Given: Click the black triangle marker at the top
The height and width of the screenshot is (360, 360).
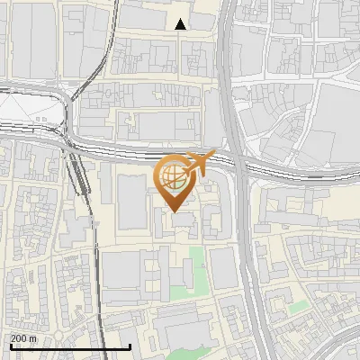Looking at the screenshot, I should pos(181,24).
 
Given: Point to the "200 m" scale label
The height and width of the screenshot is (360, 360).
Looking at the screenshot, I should pos(24,338).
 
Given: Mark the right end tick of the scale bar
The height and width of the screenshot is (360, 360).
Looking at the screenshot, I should pos(130,346).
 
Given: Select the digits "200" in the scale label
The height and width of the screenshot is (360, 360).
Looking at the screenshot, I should pos(20,338).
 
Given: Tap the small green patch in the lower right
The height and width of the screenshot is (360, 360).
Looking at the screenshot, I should pos(298,307).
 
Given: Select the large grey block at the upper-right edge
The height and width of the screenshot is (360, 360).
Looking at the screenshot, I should pos(337,108).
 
